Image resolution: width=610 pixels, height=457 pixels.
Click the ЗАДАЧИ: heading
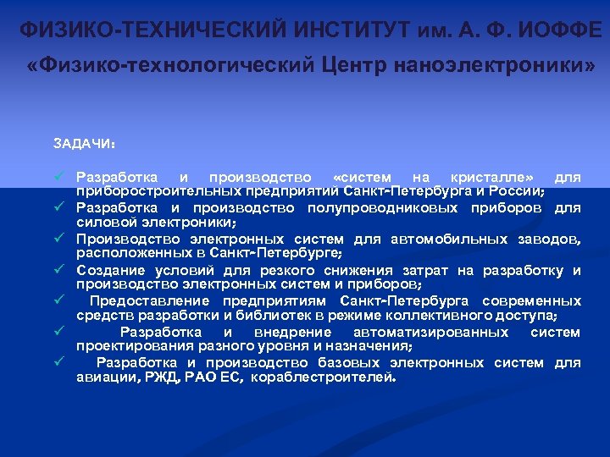84,143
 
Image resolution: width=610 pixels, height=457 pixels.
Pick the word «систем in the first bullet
363,177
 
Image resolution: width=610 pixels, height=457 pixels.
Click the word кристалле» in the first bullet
492,177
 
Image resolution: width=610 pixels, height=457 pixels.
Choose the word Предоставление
151,301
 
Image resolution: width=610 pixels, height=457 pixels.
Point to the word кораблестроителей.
323,377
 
